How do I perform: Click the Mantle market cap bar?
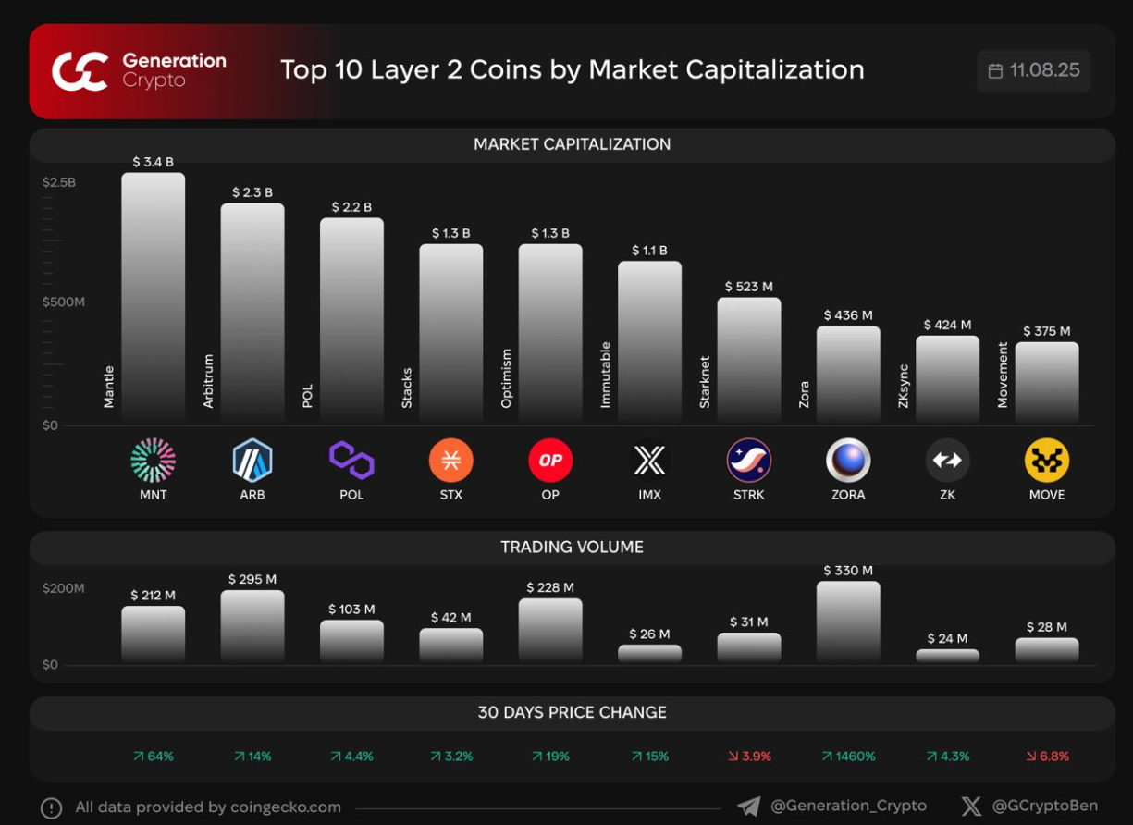click(154, 296)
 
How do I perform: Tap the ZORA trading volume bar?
click(848, 621)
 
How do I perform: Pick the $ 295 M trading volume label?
click(252, 579)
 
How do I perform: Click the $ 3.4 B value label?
click(153, 162)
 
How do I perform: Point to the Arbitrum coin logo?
click(252, 461)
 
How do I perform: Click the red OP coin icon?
click(550, 461)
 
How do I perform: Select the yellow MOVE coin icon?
click(1047, 461)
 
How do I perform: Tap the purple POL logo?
click(351, 461)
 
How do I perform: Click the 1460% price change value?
click(848, 757)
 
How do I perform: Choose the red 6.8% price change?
click(1047, 757)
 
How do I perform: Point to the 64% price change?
click(154, 757)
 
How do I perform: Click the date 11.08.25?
click(1044, 71)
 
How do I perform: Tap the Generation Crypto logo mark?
click(80, 71)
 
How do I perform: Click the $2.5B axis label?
click(59, 182)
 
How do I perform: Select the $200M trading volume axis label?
click(63, 588)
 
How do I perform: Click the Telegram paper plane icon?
click(748, 807)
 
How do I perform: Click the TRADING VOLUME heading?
click(572, 547)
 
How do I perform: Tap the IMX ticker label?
click(649, 495)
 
